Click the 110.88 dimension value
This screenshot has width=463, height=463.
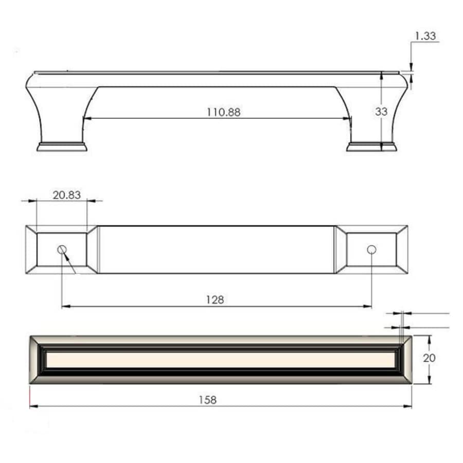[x=223, y=112]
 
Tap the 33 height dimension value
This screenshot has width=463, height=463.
[x=381, y=112]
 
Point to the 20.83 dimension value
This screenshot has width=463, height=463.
[x=66, y=194]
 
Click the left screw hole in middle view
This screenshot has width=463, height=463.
[x=62, y=250]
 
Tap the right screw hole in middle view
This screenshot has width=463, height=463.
[x=371, y=250]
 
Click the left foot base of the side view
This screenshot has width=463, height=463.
[x=62, y=147]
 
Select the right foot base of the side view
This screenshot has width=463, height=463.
[x=371, y=147]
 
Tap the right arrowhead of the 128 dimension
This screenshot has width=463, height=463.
[x=368, y=307]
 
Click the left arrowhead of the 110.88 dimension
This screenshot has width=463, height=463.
[x=86, y=118]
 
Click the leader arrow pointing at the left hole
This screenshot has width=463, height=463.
[x=66, y=256]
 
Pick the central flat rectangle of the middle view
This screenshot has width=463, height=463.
[x=216, y=250]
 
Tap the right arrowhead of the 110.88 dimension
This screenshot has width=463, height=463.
[x=348, y=118]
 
